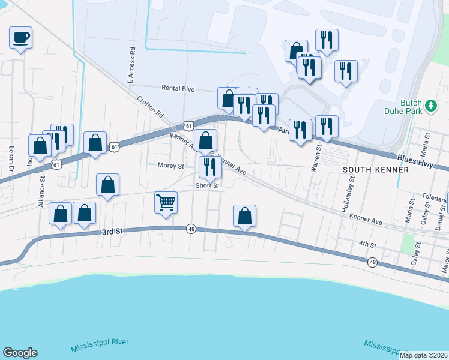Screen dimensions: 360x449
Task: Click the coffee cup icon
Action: pos(20,38)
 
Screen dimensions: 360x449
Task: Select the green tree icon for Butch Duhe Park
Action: pos(430,106)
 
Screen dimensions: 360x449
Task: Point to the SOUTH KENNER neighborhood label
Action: pos(375,170)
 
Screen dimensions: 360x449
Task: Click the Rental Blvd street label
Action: pos(178,88)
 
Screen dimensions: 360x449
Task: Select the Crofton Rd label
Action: pos(150,106)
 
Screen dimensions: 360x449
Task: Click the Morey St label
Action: pos(170,166)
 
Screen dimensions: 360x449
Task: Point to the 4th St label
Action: pos(367,245)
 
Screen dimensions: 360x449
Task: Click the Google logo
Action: pos(20,353)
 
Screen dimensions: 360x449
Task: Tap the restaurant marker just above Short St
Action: pos(210,167)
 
